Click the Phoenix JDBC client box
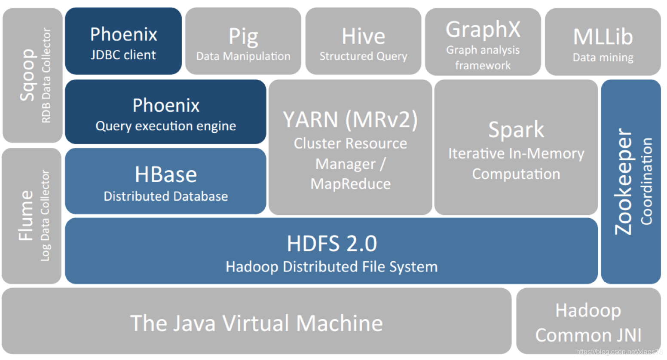(x=123, y=41)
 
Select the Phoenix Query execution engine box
(x=165, y=112)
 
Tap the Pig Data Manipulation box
(x=243, y=41)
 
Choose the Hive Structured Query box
(x=363, y=41)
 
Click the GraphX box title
(x=483, y=29)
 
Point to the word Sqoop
(x=27, y=75)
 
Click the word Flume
(x=25, y=216)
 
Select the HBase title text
(x=166, y=174)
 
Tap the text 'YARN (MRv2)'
(x=350, y=119)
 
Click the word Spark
(x=516, y=129)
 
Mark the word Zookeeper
(x=623, y=182)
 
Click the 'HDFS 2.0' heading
(x=332, y=244)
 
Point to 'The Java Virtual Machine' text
(x=256, y=323)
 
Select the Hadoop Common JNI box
(x=588, y=322)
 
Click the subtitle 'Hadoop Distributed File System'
(x=332, y=267)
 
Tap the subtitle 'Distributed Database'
(x=166, y=196)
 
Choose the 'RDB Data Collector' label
(x=46, y=76)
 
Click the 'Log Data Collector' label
(x=45, y=216)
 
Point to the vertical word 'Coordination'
(x=646, y=181)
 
